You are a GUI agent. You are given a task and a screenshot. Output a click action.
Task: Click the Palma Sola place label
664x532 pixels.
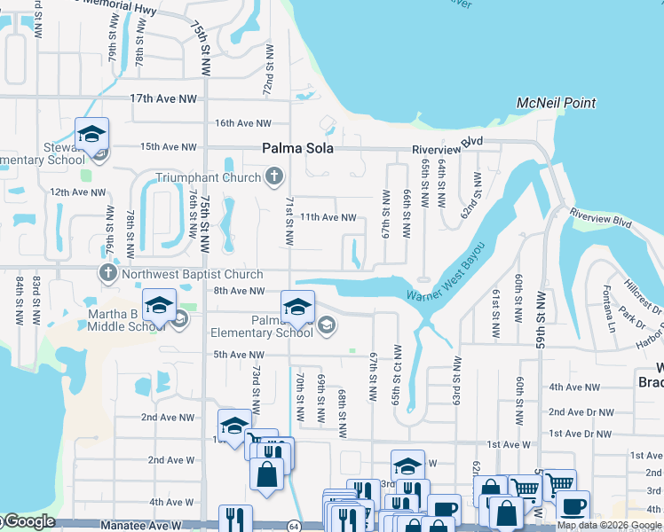(297, 149)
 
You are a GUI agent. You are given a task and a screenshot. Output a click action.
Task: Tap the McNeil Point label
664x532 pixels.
(557, 104)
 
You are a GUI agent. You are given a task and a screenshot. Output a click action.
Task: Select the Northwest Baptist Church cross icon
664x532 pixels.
(108, 273)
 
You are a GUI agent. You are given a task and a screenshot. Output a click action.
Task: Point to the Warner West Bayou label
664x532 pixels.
(447, 273)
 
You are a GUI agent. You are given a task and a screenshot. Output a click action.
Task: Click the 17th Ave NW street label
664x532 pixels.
(161, 98)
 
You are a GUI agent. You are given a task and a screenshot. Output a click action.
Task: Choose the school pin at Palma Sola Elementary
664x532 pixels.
(297, 309)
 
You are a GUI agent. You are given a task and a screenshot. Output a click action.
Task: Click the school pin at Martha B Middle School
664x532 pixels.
(159, 306)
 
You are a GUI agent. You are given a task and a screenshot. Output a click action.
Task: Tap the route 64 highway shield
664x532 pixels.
(294, 526)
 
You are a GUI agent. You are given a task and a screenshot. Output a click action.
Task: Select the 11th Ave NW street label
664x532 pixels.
(328, 217)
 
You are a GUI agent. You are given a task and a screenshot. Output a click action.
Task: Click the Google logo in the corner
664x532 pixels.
(28, 521)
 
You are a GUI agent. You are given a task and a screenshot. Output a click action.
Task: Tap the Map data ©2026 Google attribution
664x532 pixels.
(609, 526)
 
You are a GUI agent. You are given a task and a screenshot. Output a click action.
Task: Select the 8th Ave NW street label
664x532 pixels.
(239, 291)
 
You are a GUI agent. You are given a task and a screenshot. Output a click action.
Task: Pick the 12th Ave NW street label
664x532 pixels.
(72, 192)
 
